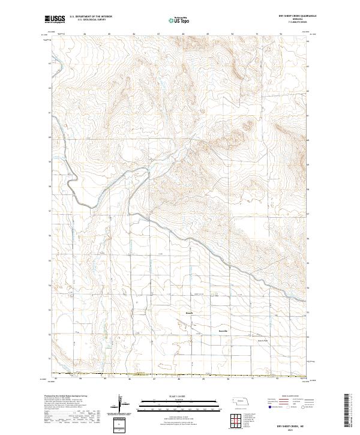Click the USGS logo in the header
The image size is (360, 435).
pyautogui.click(x=55, y=19)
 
